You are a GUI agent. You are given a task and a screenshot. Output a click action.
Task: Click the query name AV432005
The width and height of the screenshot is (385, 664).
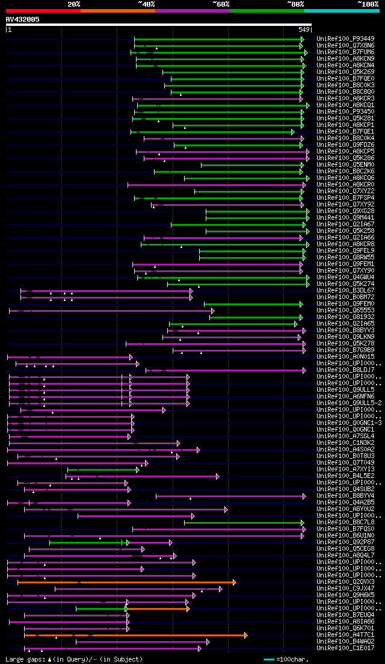pyautogui.click(x=23, y=19)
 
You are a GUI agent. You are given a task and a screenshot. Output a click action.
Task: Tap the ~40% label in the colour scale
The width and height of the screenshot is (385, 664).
pyautogui.click(x=146, y=4)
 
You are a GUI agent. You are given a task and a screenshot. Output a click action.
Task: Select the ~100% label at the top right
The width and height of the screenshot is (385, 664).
pyautogui.click(x=368, y=4)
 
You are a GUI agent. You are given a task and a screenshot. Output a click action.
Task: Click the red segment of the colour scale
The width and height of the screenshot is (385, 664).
pyautogui.click(x=43, y=10)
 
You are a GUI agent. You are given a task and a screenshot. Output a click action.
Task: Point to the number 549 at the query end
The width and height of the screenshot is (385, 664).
pyautogui.click(x=304, y=29)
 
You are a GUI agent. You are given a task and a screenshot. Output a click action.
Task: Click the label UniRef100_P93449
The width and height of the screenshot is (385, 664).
pyautogui.click(x=345, y=39)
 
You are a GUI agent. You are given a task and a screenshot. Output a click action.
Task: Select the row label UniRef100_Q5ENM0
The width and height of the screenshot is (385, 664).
pyautogui.click(x=345, y=164)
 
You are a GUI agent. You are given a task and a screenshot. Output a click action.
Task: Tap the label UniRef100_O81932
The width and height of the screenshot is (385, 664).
pyautogui.click(x=345, y=317)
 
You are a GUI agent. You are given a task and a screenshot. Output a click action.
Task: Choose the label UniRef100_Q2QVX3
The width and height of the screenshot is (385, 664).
pyautogui.click(x=345, y=582)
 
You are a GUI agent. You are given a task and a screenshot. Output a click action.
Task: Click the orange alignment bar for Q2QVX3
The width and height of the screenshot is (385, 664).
pyautogui.click(x=126, y=582)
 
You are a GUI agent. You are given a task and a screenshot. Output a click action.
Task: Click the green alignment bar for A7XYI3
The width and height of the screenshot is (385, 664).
pyautogui.click(x=102, y=470)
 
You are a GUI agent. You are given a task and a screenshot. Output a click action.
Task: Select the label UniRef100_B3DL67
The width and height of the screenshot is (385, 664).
pyautogui.click(x=345, y=290)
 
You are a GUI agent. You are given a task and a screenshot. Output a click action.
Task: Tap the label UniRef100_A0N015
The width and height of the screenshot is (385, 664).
pyautogui.click(x=345, y=356)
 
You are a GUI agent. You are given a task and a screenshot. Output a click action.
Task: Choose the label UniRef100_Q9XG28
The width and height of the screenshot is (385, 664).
pyautogui.click(x=345, y=211)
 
